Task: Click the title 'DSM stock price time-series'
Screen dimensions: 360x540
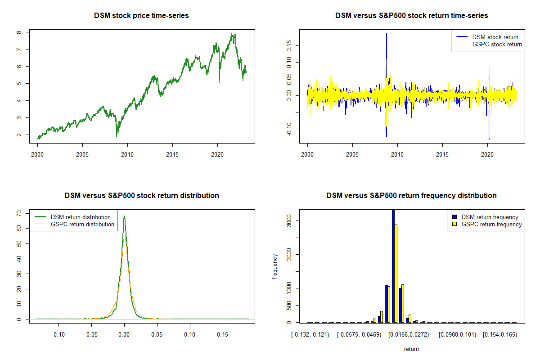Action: (x=141, y=16)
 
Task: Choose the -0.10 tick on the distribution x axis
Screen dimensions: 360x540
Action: (x=58, y=335)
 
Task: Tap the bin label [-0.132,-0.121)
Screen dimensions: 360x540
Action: (x=310, y=335)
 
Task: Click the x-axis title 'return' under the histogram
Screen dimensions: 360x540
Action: (x=411, y=349)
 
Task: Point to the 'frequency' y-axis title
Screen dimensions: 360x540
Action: (x=275, y=266)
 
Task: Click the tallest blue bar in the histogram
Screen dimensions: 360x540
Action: (x=393, y=265)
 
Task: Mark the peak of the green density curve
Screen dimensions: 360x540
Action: (x=124, y=216)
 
